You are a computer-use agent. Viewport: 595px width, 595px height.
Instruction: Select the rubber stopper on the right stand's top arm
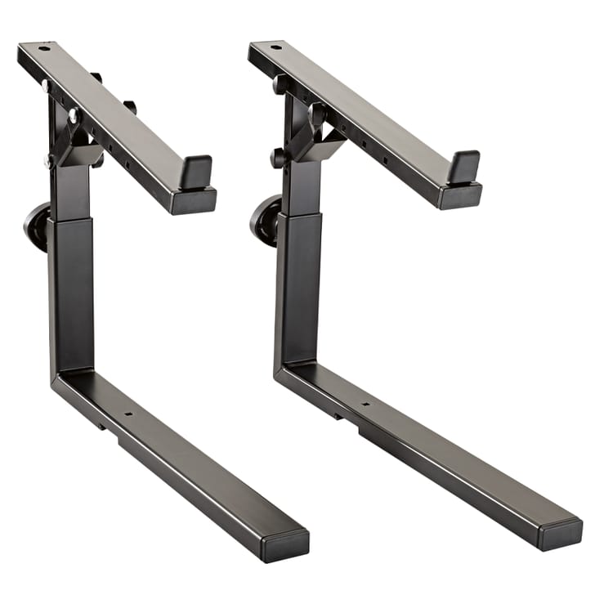click(x=463, y=167)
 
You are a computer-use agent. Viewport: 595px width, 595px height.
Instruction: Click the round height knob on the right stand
click(x=264, y=219)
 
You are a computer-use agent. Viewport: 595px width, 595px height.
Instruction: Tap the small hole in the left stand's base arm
click(x=128, y=414)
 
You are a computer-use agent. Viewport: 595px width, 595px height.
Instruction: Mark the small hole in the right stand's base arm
click(x=365, y=404)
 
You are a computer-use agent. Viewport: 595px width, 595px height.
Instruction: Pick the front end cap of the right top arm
click(x=461, y=197)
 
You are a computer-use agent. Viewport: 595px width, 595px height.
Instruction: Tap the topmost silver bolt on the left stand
click(x=46, y=85)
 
